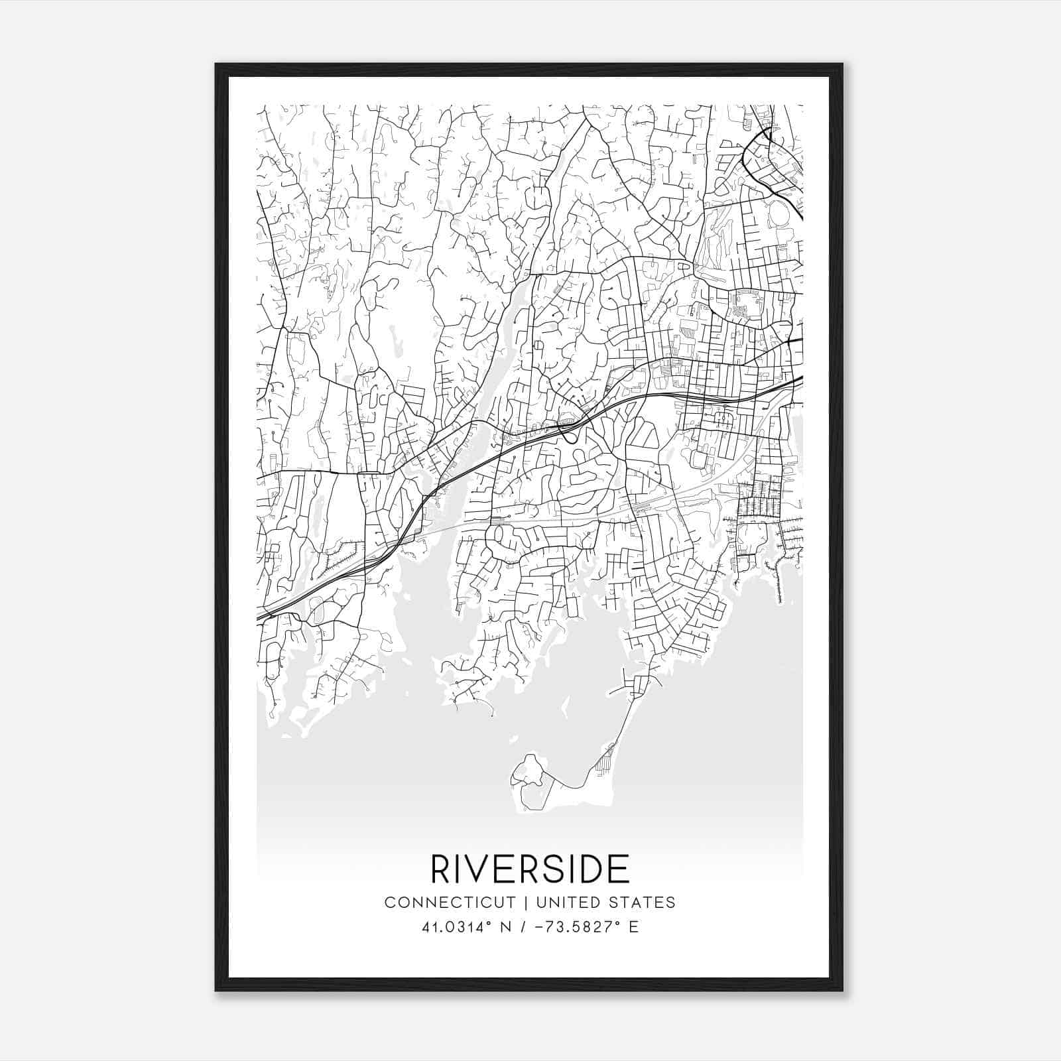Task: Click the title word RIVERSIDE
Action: click(530, 869)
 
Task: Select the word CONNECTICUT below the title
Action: click(450, 903)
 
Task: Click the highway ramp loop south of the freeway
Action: click(568, 432)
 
